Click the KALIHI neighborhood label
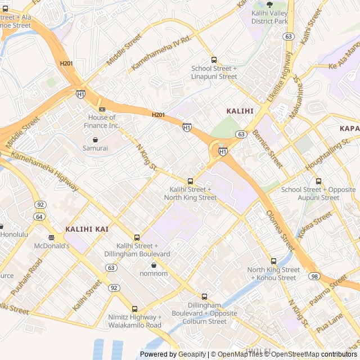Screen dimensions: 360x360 click(240, 111)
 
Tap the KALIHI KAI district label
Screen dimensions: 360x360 click(87, 229)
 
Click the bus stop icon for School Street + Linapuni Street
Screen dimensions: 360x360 click(214, 60)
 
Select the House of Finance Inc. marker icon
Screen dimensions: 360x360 click(102, 109)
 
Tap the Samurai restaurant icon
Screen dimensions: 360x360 click(95, 139)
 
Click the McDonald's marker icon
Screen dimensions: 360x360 click(51, 237)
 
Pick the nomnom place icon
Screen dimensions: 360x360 click(154, 265)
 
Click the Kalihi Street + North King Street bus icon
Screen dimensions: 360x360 click(190, 181)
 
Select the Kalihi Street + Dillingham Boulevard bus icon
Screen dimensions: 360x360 click(137, 237)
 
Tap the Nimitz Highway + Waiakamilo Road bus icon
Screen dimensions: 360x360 click(134, 309)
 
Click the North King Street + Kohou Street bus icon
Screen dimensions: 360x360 click(274, 261)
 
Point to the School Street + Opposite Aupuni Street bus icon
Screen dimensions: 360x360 click(319, 181)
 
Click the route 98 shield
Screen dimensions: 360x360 click(314, 276)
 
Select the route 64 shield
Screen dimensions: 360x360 click(39, 216)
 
